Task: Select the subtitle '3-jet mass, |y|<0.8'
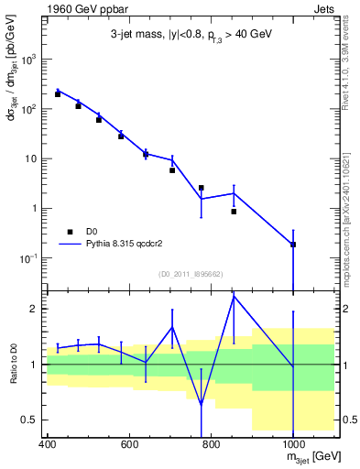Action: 152,36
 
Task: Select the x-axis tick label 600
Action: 129,445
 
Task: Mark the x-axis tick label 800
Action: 212,445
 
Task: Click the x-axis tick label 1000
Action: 293,445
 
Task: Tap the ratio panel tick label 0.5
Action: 34,420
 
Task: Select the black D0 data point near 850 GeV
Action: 234,212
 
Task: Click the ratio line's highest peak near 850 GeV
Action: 234,295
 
